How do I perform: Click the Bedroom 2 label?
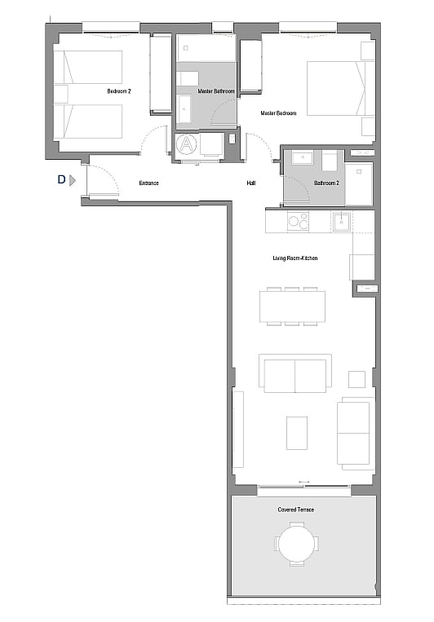119,91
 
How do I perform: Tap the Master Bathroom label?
216,91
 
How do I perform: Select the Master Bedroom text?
278,113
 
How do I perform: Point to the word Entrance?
149,183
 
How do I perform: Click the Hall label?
251,183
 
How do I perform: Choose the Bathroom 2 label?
326,183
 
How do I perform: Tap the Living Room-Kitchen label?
295,258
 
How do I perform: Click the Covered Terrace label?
296,510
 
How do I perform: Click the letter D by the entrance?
61,179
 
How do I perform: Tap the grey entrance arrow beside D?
73,180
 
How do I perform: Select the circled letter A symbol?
187,143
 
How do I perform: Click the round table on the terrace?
296,544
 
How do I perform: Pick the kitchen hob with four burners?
299,221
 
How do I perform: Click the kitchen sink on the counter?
341,222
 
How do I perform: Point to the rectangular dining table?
293,307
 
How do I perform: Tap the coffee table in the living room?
297,433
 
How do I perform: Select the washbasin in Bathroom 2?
303,157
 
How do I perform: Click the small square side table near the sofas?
356,379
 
